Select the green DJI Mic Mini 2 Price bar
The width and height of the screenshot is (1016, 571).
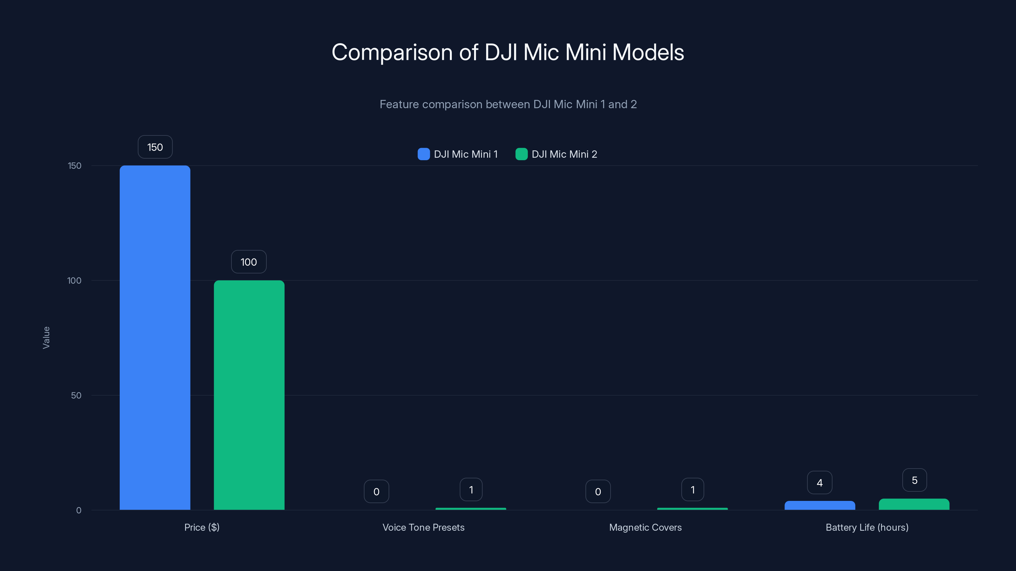249,395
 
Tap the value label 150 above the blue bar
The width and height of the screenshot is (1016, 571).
155,147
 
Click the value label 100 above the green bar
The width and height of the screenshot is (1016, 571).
249,262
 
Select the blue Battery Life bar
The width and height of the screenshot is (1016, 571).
819,506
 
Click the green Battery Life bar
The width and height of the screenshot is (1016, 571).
914,504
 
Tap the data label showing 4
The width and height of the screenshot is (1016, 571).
819,483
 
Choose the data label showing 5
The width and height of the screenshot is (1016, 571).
914,480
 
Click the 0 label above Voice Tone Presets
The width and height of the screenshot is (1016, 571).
376,491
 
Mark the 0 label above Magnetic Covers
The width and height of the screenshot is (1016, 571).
598,491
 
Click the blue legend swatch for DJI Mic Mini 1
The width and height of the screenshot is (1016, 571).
424,154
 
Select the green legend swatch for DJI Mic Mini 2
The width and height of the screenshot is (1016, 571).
521,154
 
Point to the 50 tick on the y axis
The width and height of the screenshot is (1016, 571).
76,395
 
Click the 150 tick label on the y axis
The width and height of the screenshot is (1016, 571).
75,166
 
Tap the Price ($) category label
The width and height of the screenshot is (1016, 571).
202,527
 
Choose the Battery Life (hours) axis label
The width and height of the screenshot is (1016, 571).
867,527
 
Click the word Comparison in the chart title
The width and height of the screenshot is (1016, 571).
392,52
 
